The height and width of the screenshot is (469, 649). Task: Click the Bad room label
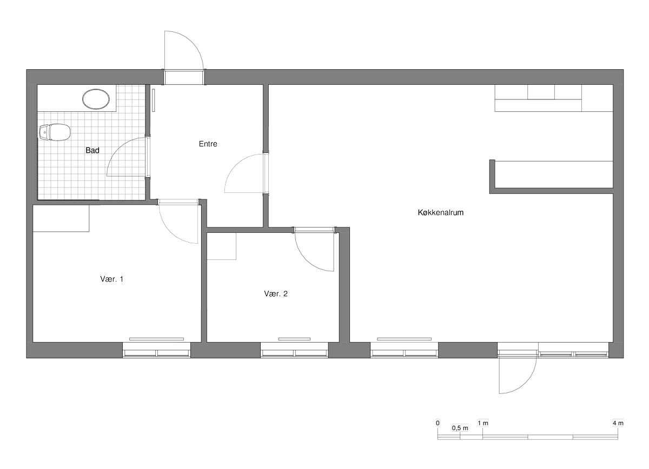92,150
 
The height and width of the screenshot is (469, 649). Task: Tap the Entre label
208,144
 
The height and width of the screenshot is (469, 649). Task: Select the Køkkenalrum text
440,212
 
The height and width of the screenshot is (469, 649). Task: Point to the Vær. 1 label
112,279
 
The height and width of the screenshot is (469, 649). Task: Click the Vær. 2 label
276,294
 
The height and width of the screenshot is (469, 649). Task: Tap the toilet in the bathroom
55,132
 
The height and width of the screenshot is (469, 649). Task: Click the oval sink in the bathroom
96,99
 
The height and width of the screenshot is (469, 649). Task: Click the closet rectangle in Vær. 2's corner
221,246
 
